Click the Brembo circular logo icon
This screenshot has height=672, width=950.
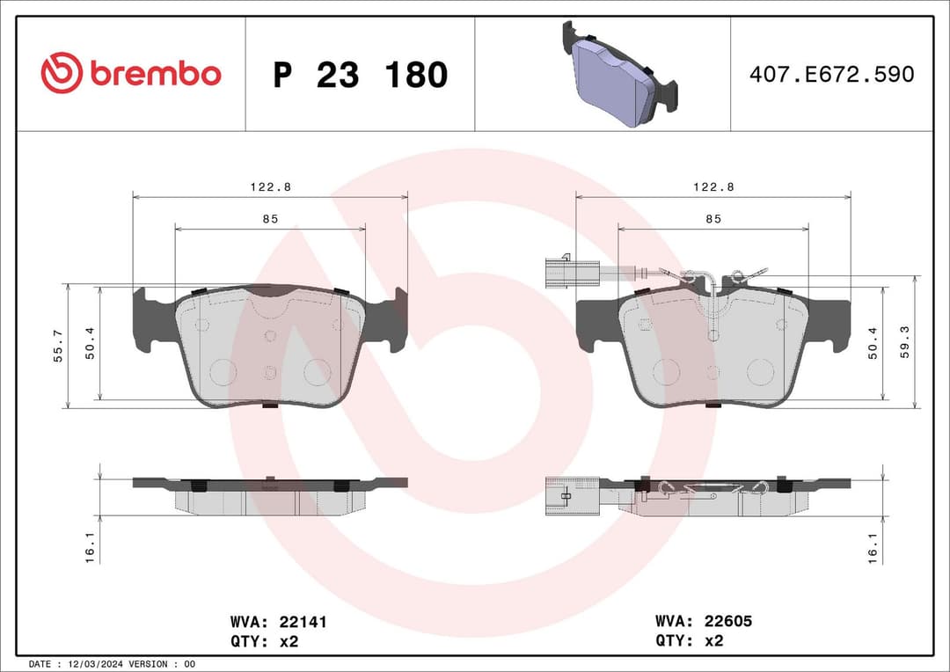(61, 74)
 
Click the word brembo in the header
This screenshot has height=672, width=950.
(155, 75)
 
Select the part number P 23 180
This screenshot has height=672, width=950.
(360, 75)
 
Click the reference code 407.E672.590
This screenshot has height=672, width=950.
(831, 75)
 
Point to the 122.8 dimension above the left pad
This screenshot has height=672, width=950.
(270, 186)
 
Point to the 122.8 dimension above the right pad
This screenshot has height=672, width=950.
(713, 186)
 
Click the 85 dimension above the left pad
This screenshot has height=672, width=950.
(270, 219)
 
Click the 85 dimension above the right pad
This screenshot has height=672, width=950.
(713, 219)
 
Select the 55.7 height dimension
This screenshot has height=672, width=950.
(59, 346)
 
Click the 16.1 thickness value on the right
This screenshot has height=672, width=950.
(873, 547)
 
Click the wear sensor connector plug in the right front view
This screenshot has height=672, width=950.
(559, 272)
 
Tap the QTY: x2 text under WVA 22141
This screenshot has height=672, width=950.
(265, 641)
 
